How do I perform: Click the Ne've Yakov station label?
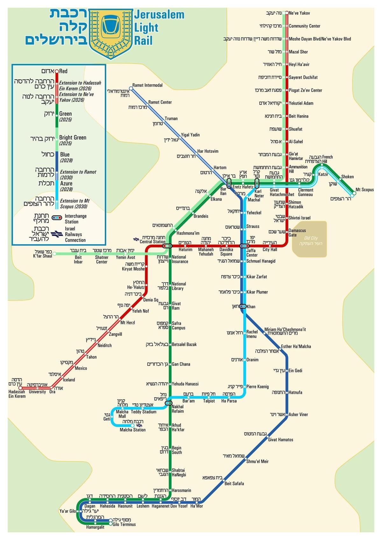point(299,13)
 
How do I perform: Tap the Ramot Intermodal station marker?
point(130,88)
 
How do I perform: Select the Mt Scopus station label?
point(364,190)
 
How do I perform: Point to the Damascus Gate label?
point(297,233)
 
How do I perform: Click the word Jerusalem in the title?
point(159,15)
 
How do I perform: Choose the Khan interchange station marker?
point(243,306)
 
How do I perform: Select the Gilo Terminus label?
point(124,524)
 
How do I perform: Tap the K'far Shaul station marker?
point(54,254)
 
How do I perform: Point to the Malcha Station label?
point(132,430)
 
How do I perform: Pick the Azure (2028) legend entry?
point(66,186)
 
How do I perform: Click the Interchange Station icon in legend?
point(57,218)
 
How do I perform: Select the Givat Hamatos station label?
point(280,440)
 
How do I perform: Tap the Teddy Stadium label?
point(144,412)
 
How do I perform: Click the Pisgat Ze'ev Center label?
point(305,90)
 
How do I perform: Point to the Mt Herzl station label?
point(128,323)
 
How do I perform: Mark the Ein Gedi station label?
point(295,371)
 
